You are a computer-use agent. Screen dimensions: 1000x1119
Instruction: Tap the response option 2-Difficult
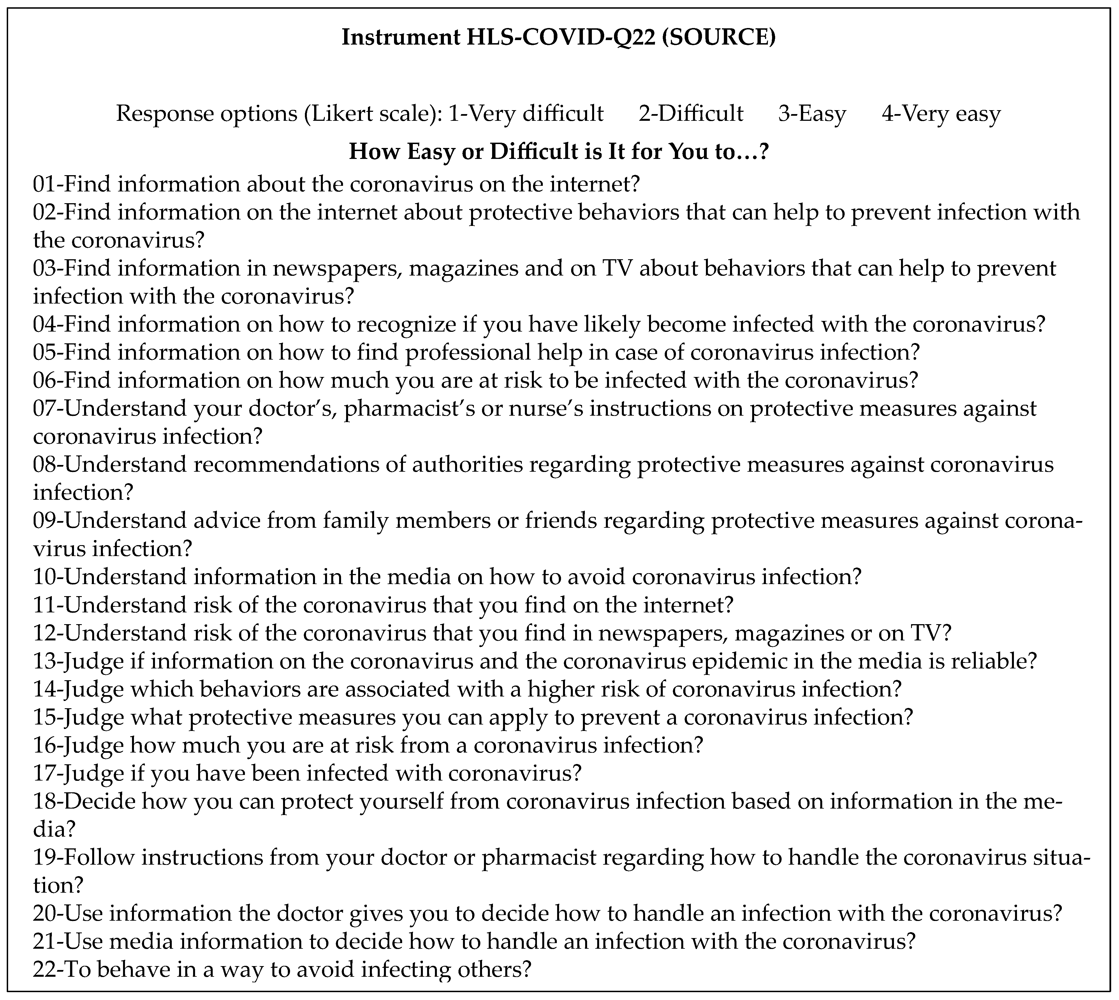[691, 114]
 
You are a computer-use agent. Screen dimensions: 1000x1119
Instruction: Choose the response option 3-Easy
[812, 114]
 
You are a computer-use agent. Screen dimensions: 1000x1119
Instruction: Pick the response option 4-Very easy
[941, 114]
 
